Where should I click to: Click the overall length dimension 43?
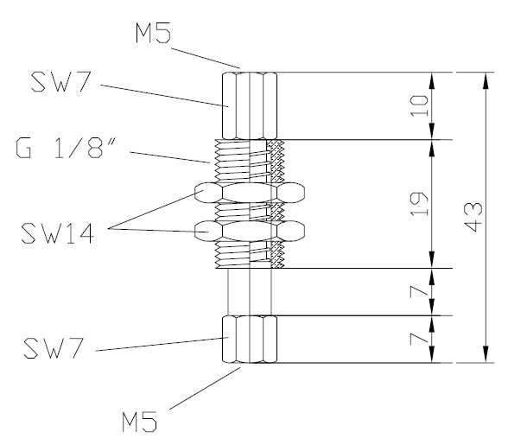[471, 216]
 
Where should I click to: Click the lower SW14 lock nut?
[251, 232]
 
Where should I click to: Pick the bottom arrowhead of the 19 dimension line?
[432, 261]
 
